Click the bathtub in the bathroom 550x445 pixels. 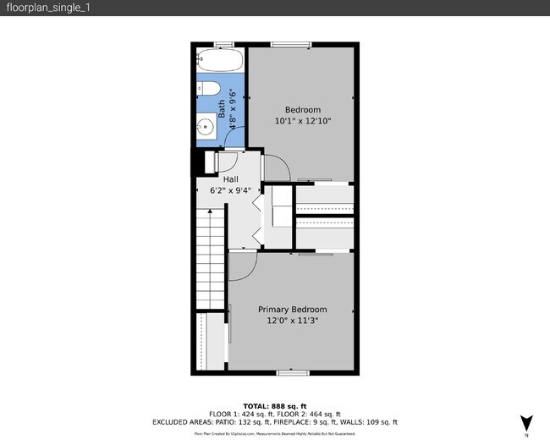coord(220,61)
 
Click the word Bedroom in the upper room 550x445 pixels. coord(302,110)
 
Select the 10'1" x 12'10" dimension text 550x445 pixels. coord(302,121)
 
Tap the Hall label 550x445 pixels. coord(230,179)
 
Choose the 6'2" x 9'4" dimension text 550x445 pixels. coord(230,190)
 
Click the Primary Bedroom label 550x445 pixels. coord(292,310)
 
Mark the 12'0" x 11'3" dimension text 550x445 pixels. coord(292,321)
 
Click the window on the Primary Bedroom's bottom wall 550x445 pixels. coord(290,372)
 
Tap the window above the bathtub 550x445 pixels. coord(223,44)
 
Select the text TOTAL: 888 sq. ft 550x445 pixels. coord(274,406)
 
